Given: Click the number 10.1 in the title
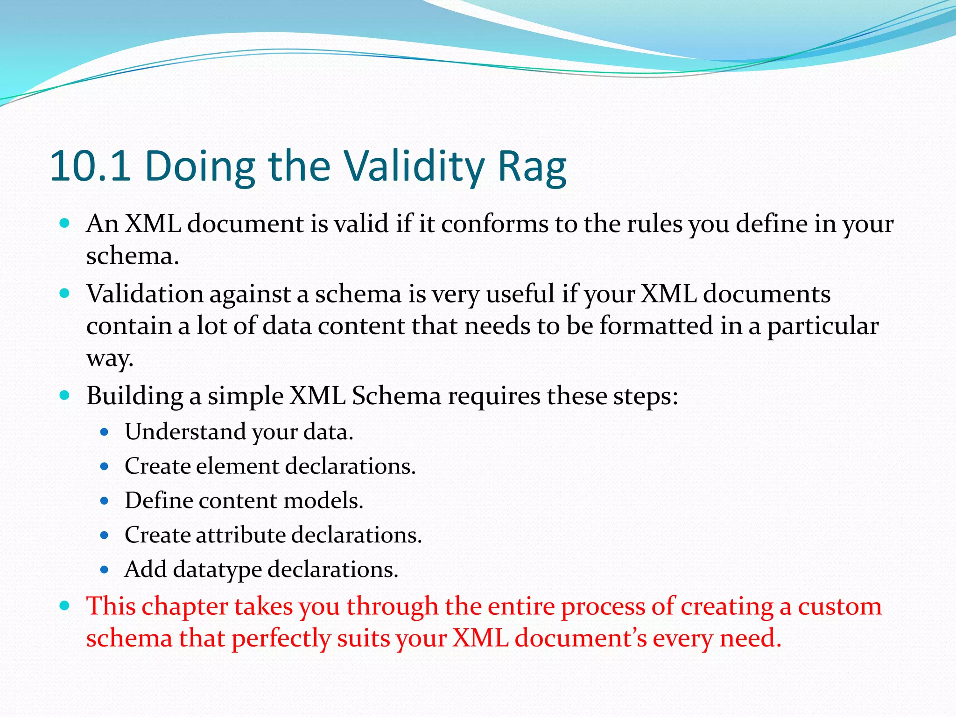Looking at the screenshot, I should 90,166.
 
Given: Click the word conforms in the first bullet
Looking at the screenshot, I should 494,224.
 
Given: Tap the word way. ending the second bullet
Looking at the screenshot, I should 110,358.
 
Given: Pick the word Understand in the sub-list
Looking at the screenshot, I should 185,432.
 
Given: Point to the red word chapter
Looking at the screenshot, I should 185,607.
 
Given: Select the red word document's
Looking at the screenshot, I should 581,639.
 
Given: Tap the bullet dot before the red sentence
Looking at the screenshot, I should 65,606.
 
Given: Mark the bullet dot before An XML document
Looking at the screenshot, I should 65,224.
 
